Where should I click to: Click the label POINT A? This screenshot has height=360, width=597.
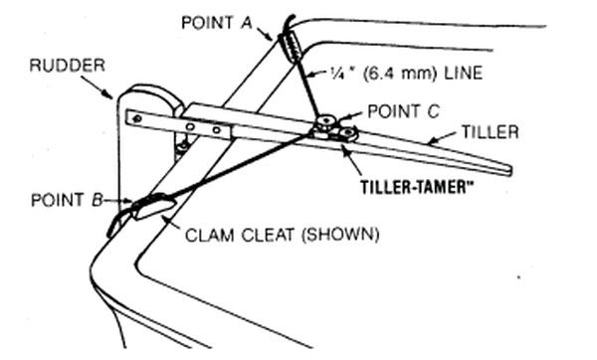217,23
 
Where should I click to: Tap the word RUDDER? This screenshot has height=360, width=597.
67,65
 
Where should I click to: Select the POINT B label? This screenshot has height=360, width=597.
67,200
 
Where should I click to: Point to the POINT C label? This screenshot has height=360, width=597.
403,111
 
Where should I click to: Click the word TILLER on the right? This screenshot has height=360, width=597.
490,132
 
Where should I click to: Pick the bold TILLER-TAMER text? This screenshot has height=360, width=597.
414,187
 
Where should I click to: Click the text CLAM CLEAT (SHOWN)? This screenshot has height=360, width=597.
283,235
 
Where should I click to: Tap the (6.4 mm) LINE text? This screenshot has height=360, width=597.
423,73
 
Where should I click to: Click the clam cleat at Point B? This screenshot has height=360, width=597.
153,206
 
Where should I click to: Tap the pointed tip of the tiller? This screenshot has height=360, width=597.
509,171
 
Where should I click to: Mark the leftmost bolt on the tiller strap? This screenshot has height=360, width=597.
137,119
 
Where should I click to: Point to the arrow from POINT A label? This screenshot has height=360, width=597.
264,34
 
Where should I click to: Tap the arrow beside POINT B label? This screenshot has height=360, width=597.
117,200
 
